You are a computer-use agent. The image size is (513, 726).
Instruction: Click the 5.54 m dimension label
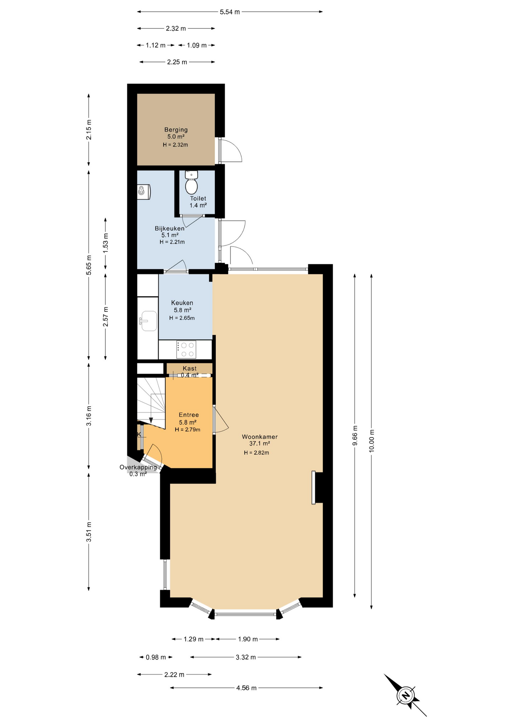click(x=230, y=12)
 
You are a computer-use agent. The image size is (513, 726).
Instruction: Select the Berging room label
click(x=176, y=130)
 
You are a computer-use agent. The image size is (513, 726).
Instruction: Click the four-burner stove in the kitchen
click(x=186, y=350)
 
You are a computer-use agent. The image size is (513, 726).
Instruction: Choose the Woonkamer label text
click(x=260, y=437)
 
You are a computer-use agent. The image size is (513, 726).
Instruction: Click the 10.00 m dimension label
click(x=372, y=441)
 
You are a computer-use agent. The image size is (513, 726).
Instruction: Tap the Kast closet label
click(x=190, y=368)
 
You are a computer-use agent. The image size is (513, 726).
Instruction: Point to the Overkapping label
click(x=138, y=467)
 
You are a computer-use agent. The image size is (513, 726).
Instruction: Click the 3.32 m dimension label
click(x=246, y=658)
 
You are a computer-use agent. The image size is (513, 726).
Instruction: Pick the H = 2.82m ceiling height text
click(x=256, y=453)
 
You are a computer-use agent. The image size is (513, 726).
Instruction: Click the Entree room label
click(x=189, y=415)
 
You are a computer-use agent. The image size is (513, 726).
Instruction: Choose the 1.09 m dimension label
click(x=197, y=45)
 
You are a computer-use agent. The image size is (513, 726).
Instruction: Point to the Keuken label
click(x=182, y=303)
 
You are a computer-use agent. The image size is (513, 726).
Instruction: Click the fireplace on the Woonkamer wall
click(x=314, y=487)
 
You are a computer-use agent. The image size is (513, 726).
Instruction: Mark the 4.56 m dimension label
click(x=246, y=688)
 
